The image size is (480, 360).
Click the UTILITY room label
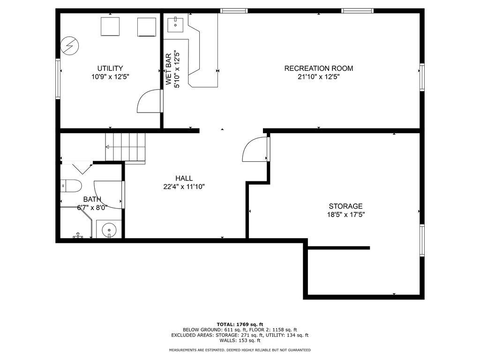point(110,68)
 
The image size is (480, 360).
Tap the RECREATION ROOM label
point(319,68)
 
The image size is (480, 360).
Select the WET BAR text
point(169,69)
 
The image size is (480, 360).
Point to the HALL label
point(184,178)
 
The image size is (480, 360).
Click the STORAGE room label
point(345,206)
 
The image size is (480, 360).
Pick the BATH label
point(92,200)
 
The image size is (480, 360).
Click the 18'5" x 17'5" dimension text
point(346,215)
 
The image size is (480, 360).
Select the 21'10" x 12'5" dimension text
point(319,77)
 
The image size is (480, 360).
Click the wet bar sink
point(175,25)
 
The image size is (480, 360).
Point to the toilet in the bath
point(71,186)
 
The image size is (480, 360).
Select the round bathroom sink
point(109,229)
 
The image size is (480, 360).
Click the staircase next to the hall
point(125,147)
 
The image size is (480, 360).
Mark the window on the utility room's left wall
point(58,79)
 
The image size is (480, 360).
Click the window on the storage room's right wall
point(422,240)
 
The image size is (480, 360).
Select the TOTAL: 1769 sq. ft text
point(240,324)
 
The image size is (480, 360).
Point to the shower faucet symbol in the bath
point(78,235)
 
